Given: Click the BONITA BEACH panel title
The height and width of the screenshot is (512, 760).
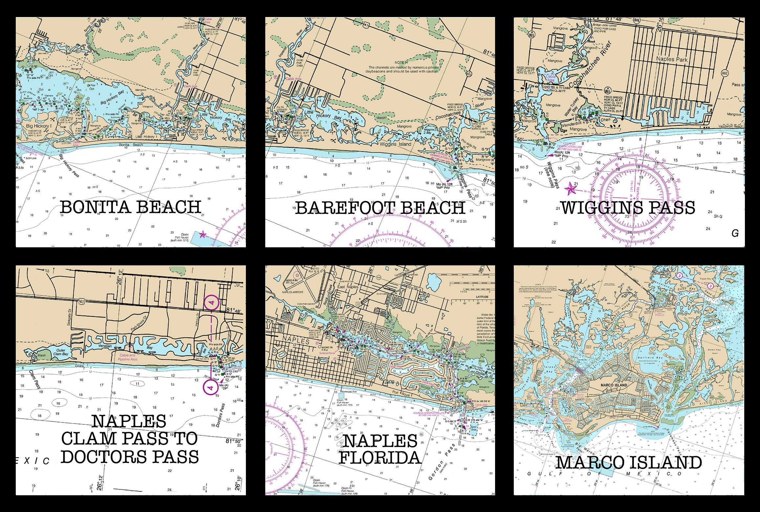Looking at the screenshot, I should (x=131, y=208).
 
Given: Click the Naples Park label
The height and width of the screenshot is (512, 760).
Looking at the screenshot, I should (x=672, y=59).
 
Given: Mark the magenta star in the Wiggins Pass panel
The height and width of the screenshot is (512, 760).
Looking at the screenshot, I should (x=571, y=189).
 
